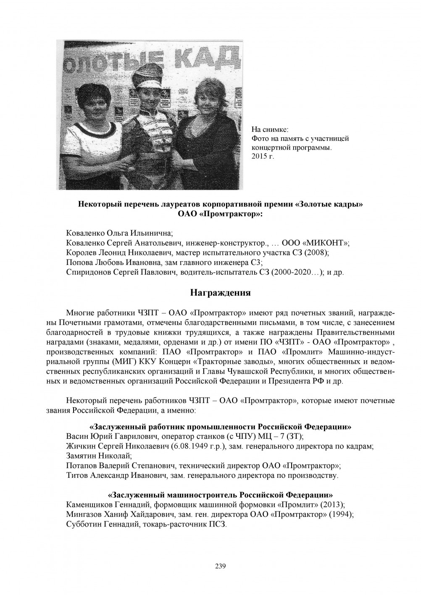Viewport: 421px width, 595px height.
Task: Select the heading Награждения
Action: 221,293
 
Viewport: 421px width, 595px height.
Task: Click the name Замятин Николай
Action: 99,455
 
